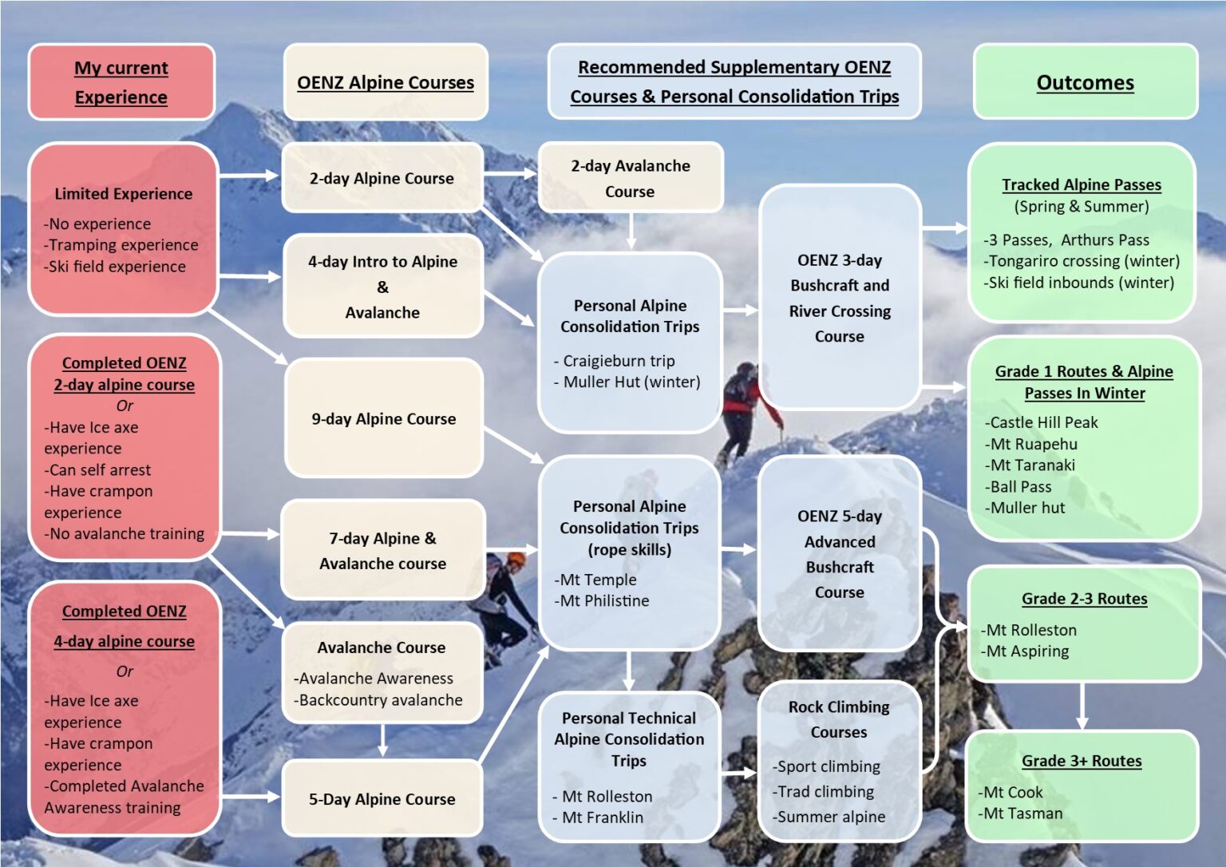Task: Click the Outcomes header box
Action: (x=1085, y=82)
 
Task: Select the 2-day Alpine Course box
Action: (x=382, y=178)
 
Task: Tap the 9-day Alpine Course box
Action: (x=383, y=418)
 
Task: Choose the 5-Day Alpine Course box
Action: (x=382, y=798)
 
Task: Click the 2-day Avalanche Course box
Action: (x=630, y=178)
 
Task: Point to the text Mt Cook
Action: (x=1012, y=792)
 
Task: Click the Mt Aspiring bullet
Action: (x=1026, y=651)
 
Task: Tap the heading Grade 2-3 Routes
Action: (x=1084, y=599)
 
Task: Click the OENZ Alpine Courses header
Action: (x=385, y=82)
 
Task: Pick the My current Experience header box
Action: (x=121, y=82)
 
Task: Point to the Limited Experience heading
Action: (x=123, y=193)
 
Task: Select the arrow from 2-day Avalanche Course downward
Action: (x=630, y=232)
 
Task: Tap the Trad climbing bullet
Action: (x=825, y=791)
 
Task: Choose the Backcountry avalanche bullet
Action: (x=379, y=699)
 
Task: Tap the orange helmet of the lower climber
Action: (x=516, y=558)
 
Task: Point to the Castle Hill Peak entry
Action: (x=1042, y=422)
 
